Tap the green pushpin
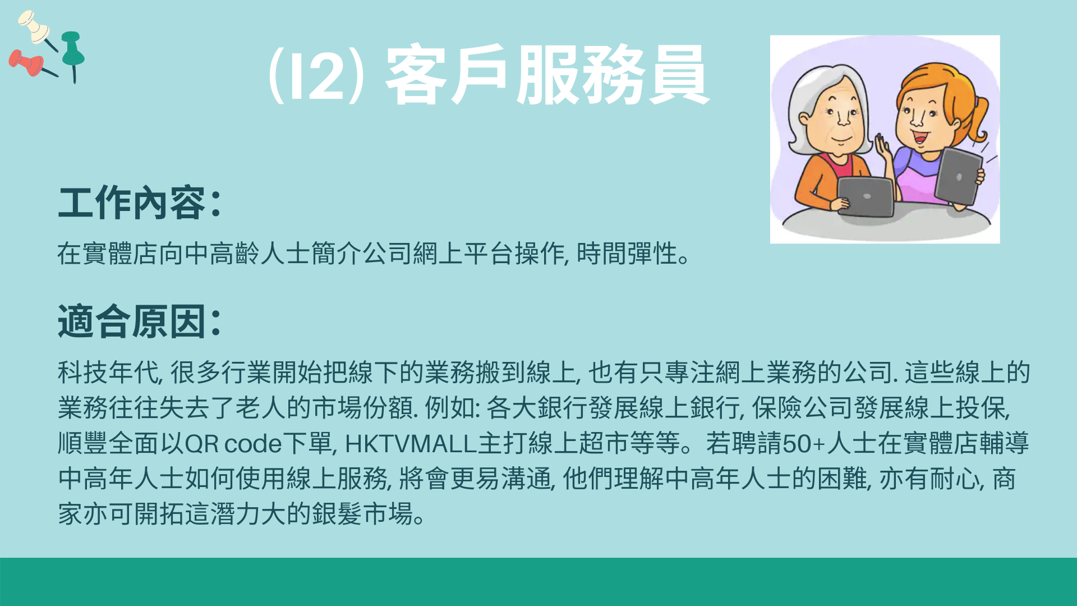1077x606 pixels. click(x=72, y=53)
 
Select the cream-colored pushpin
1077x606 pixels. click(x=35, y=27)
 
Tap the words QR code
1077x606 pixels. click(x=233, y=443)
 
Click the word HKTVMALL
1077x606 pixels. click(x=411, y=443)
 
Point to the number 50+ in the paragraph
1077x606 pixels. click(x=803, y=443)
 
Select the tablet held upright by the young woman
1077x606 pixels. click(x=959, y=176)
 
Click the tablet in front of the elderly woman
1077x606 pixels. click(x=866, y=196)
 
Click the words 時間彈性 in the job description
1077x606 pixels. click(x=627, y=254)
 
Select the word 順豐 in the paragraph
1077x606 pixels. click(x=83, y=443)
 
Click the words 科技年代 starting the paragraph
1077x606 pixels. click(x=108, y=373)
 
